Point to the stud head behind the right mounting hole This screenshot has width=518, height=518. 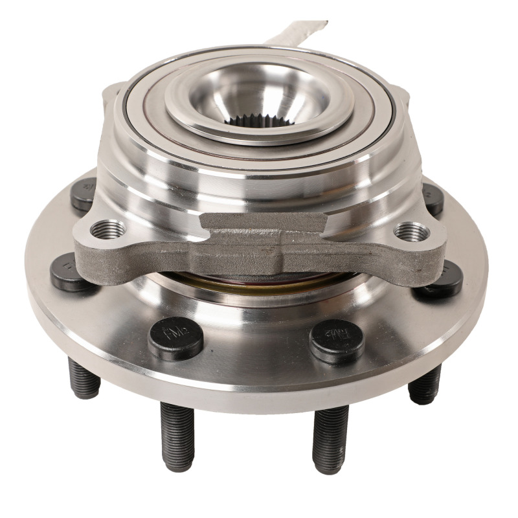pos(433,197)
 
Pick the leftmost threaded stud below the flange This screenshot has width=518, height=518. pos(84,378)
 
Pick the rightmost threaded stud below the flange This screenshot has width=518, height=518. pos(425,383)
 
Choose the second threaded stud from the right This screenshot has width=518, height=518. pos(330,438)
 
